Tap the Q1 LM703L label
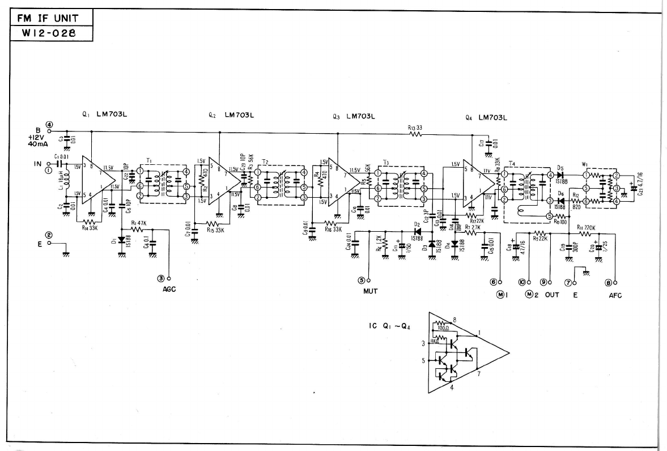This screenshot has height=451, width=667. [105, 114]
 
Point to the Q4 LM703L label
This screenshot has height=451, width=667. [486, 117]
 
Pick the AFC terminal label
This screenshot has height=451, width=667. [614, 295]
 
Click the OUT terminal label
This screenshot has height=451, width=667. [552, 295]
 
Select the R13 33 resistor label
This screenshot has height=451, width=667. [415, 128]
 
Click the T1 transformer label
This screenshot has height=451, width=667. [150, 161]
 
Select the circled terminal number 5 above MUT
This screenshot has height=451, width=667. [362, 279]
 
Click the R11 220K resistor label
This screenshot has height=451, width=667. [585, 228]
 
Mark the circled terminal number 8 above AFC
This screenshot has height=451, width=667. [609, 283]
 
